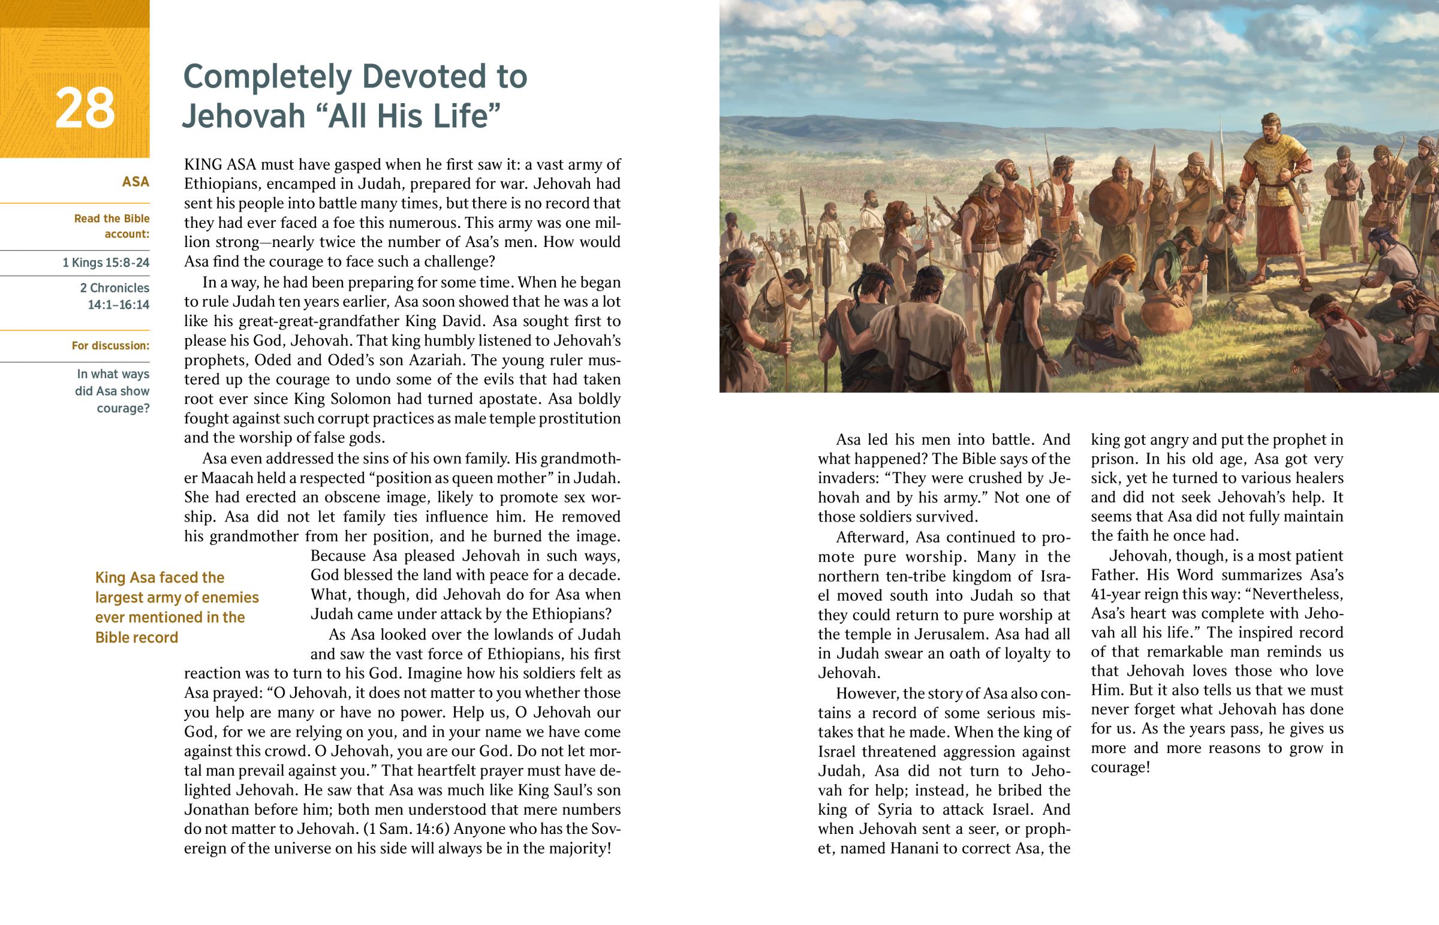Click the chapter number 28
click(x=85, y=108)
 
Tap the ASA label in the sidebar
click(x=135, y=182)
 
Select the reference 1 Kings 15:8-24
click(x=106, y=263)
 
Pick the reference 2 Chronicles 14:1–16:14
click(x=115, y=296)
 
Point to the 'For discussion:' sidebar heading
click(x=110, y=345)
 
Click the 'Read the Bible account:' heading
click(x=112, y=226)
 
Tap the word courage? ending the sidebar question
click(x=123, y=408)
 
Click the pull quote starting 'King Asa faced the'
click(x=176, y=607)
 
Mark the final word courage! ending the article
click(x=1120, y=767)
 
